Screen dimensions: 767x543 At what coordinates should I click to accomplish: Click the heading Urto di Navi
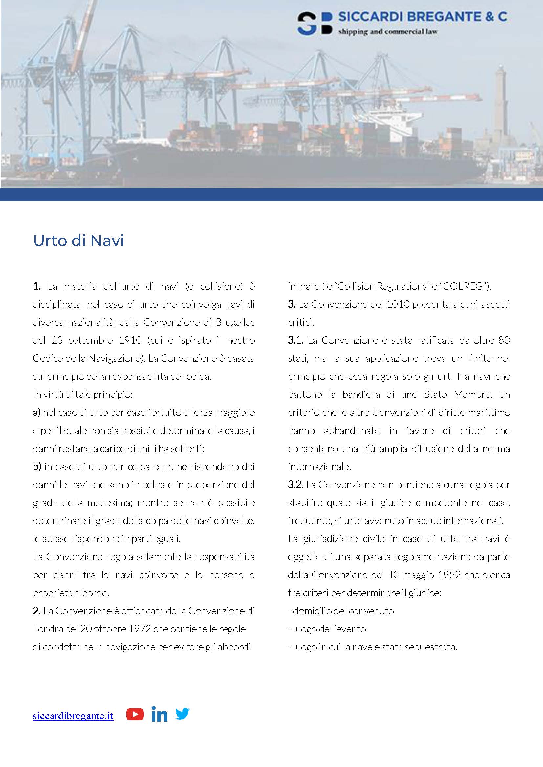pyautogui.click(x=78, y=240)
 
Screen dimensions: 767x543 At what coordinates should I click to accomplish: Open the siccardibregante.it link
pyautogui.click(x=73, y=716)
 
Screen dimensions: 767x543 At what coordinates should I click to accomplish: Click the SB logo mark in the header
pyautogui.click(x=315, y=24)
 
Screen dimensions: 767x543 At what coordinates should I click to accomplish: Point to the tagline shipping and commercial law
pyautogui.click(x=387, y=32)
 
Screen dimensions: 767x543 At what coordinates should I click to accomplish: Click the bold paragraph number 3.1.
pyautogui.click(x=295, y=340)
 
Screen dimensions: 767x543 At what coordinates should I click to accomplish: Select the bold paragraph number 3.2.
pyautogui.click(x=295, y=485)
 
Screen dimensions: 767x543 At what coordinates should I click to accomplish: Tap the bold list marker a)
pyautogui.click(x=36, y=413)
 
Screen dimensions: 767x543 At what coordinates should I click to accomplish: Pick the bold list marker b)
pyautogui.click(x=37, y=467)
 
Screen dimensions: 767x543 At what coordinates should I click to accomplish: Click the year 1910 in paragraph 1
pyautogui.click(x=130, y=340)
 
